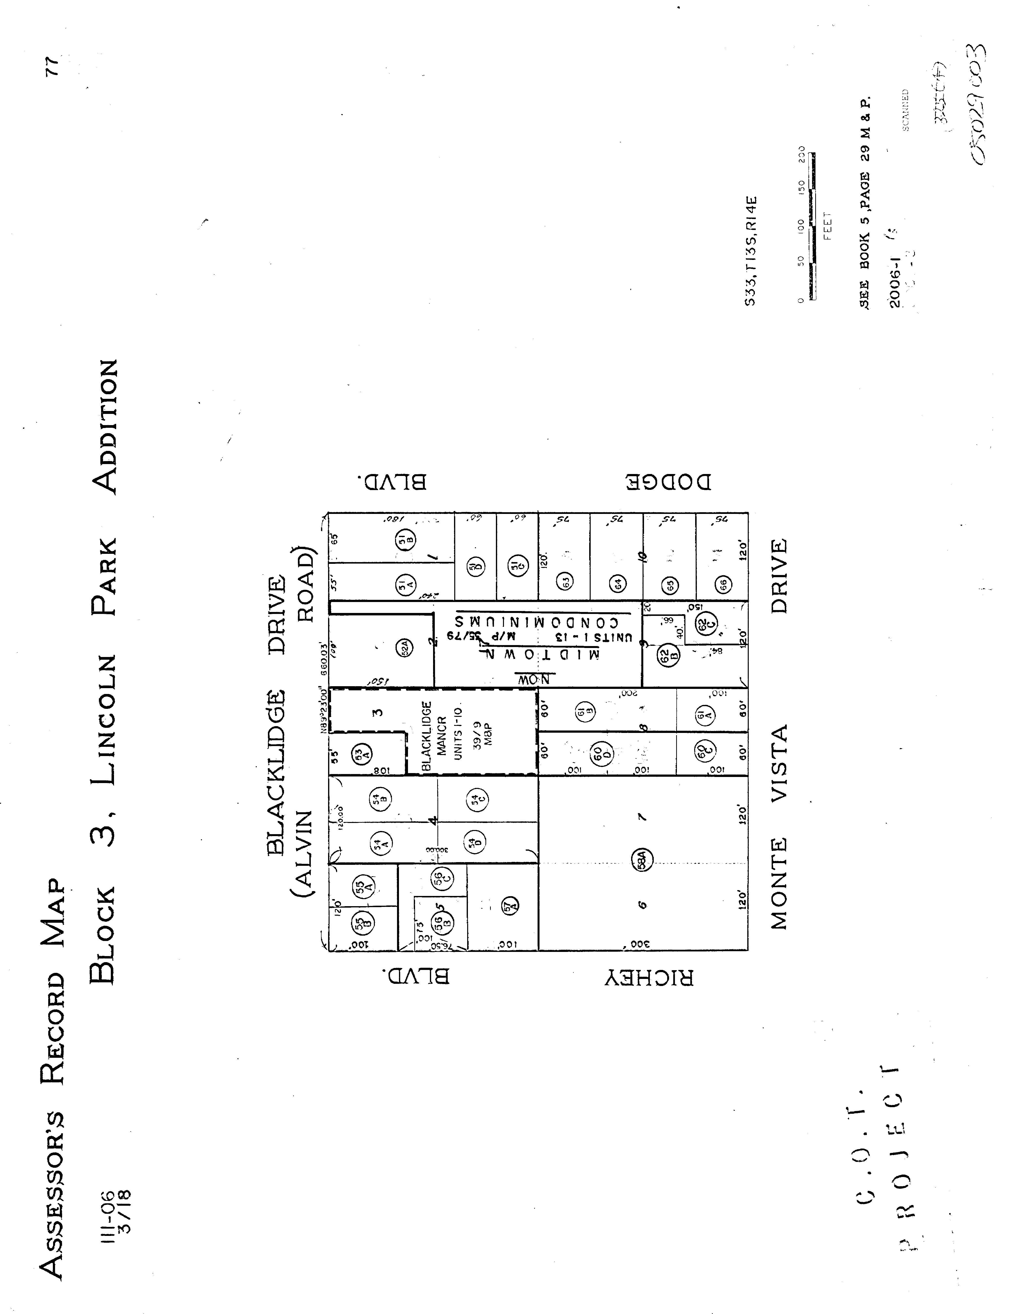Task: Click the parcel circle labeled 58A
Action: [x=642, y=859]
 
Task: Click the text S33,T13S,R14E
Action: [x=750, y=251]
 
